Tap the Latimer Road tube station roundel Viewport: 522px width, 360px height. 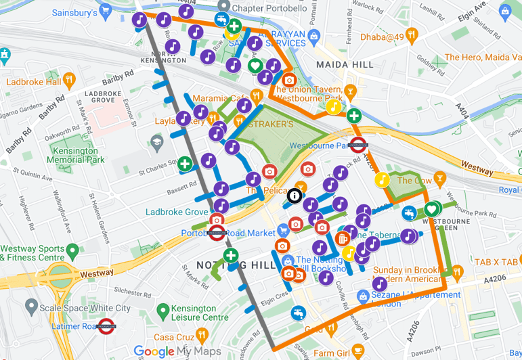(105, 326)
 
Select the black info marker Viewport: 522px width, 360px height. (295, 196)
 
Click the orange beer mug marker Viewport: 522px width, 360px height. (343, 239)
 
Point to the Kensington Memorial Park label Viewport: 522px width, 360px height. (76, 155)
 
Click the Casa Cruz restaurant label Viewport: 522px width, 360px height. (174, 337)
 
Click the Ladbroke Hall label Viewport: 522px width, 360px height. (34, 83)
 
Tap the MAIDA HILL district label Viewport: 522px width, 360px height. (345, 64)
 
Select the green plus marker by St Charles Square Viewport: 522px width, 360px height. (185, 164)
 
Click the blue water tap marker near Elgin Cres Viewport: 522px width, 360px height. (297, 313)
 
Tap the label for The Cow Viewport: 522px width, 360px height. (414, 181)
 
